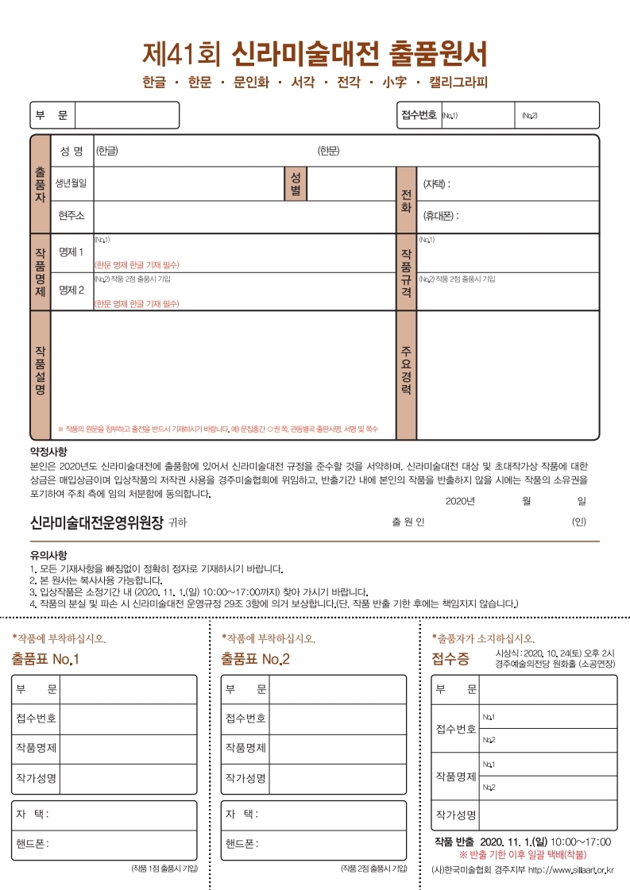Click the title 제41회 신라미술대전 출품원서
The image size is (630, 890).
(x=315, y=53)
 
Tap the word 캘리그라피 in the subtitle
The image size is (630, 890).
(x=458, y=83)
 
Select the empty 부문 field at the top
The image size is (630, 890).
(x=126, y=116)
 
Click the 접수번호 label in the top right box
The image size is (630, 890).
(x=419, y=116)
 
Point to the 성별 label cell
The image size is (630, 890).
(x=295, y=183)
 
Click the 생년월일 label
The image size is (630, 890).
(x=71, y=183)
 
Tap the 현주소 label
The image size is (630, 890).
(x=71, y=216)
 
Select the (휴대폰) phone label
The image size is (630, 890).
(x=441, y=216)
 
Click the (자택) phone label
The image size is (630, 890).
(x=437, y=183)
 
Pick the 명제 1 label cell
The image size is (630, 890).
(x=72, y=252)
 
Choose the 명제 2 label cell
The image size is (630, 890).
(x=72, y=291)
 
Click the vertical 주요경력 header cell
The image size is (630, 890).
(x=406, y=375)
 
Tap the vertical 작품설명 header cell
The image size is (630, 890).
(x=40, y=375)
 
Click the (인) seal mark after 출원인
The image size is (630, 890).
(x=578, y=522)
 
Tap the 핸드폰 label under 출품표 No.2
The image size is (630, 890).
(x=242, y=843)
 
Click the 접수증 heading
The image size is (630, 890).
(x=450, y=659)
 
